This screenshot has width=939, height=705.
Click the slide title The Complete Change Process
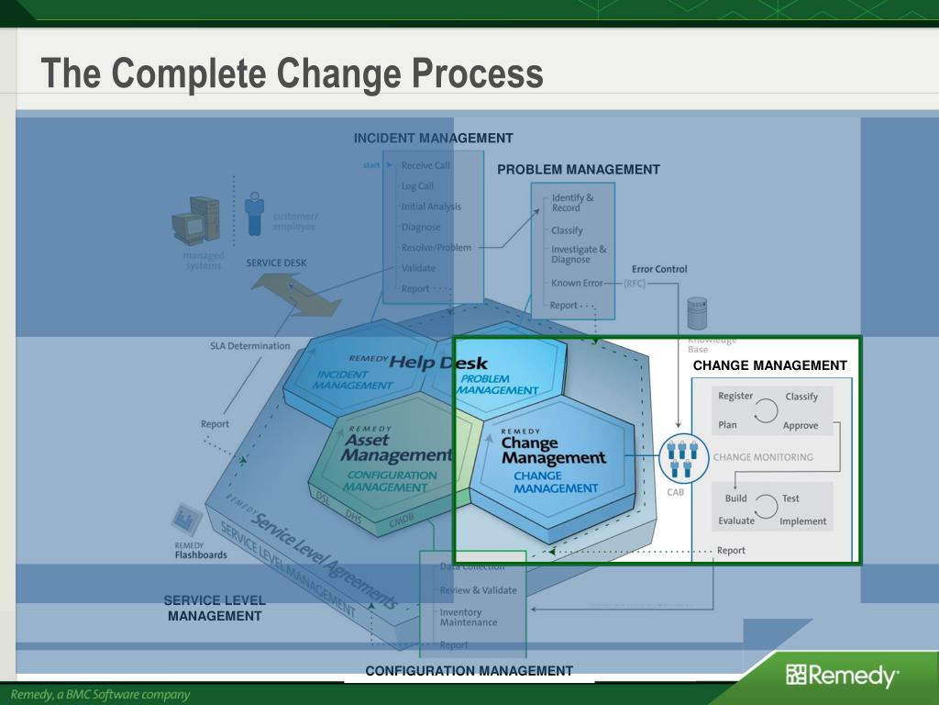coord(292,73)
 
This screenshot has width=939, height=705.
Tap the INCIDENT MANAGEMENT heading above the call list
coord(433,138)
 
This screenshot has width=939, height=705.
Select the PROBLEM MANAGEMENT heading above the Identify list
coord(578,169)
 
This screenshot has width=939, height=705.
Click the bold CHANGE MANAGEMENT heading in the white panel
coord(769,365)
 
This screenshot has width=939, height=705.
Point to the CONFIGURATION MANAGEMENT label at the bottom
coord(469,671)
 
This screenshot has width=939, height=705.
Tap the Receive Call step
coord(425,166)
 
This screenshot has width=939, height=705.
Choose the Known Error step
coord(577,283)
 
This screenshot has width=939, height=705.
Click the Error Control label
coord(658,269)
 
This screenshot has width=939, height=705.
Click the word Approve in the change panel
coord(801,425)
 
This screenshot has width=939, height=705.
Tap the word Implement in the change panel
coord(802,521)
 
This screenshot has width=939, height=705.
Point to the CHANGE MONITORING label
coord(763,456)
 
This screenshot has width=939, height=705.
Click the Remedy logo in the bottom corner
coord(843,677)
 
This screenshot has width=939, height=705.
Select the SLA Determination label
coord(249,346)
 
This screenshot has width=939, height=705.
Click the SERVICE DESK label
coord(276,263)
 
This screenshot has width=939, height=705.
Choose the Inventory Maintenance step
coord(468,617)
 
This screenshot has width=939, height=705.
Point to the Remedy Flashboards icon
coord(189,520)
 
